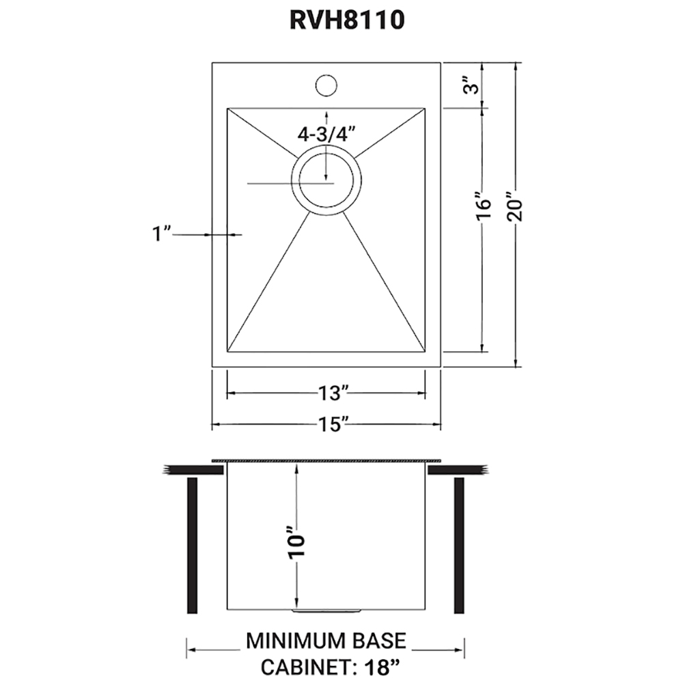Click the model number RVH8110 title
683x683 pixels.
click(347, 20)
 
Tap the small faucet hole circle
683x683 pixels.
click(326, 85)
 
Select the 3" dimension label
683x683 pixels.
click(471, 85)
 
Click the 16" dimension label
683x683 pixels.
click(484, 206)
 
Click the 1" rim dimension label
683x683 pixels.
click(161, 234)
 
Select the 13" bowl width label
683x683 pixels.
click(334, 393)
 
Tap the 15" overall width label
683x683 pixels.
click(333, 424)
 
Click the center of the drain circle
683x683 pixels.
click(326, 183)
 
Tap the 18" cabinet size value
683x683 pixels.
click(378, 666)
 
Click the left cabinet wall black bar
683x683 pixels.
click(192, 545)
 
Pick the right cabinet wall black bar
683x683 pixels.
click(459, 545)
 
